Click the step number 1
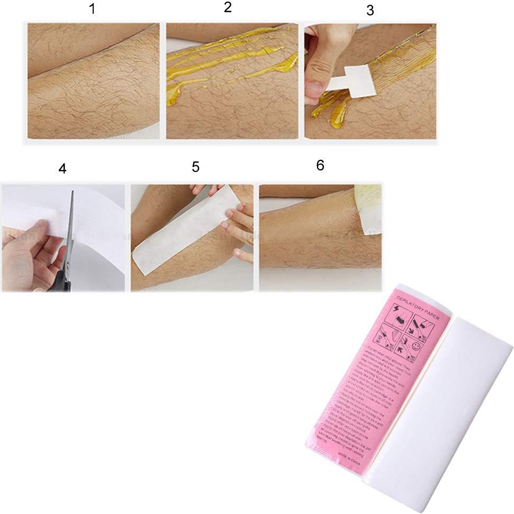coord(93,9)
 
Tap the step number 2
coord(228,8)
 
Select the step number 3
coord(371,10)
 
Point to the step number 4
coord(63,169)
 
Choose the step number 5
coord(196,167)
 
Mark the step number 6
coord(320,165)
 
